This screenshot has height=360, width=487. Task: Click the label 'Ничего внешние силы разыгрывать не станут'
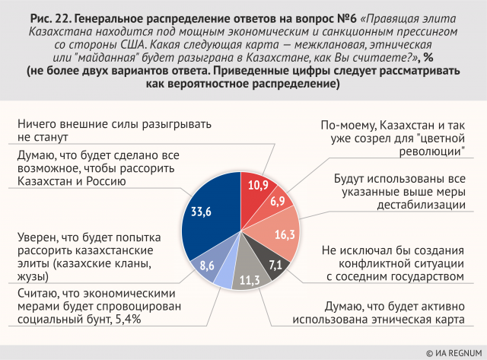pyautogui.click(x=114, y=130)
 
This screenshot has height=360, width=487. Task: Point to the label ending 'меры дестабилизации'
pyautogui.click(x=399, y=192)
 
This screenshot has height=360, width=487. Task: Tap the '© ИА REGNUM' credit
pyautogui.click(x=454, y=352)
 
